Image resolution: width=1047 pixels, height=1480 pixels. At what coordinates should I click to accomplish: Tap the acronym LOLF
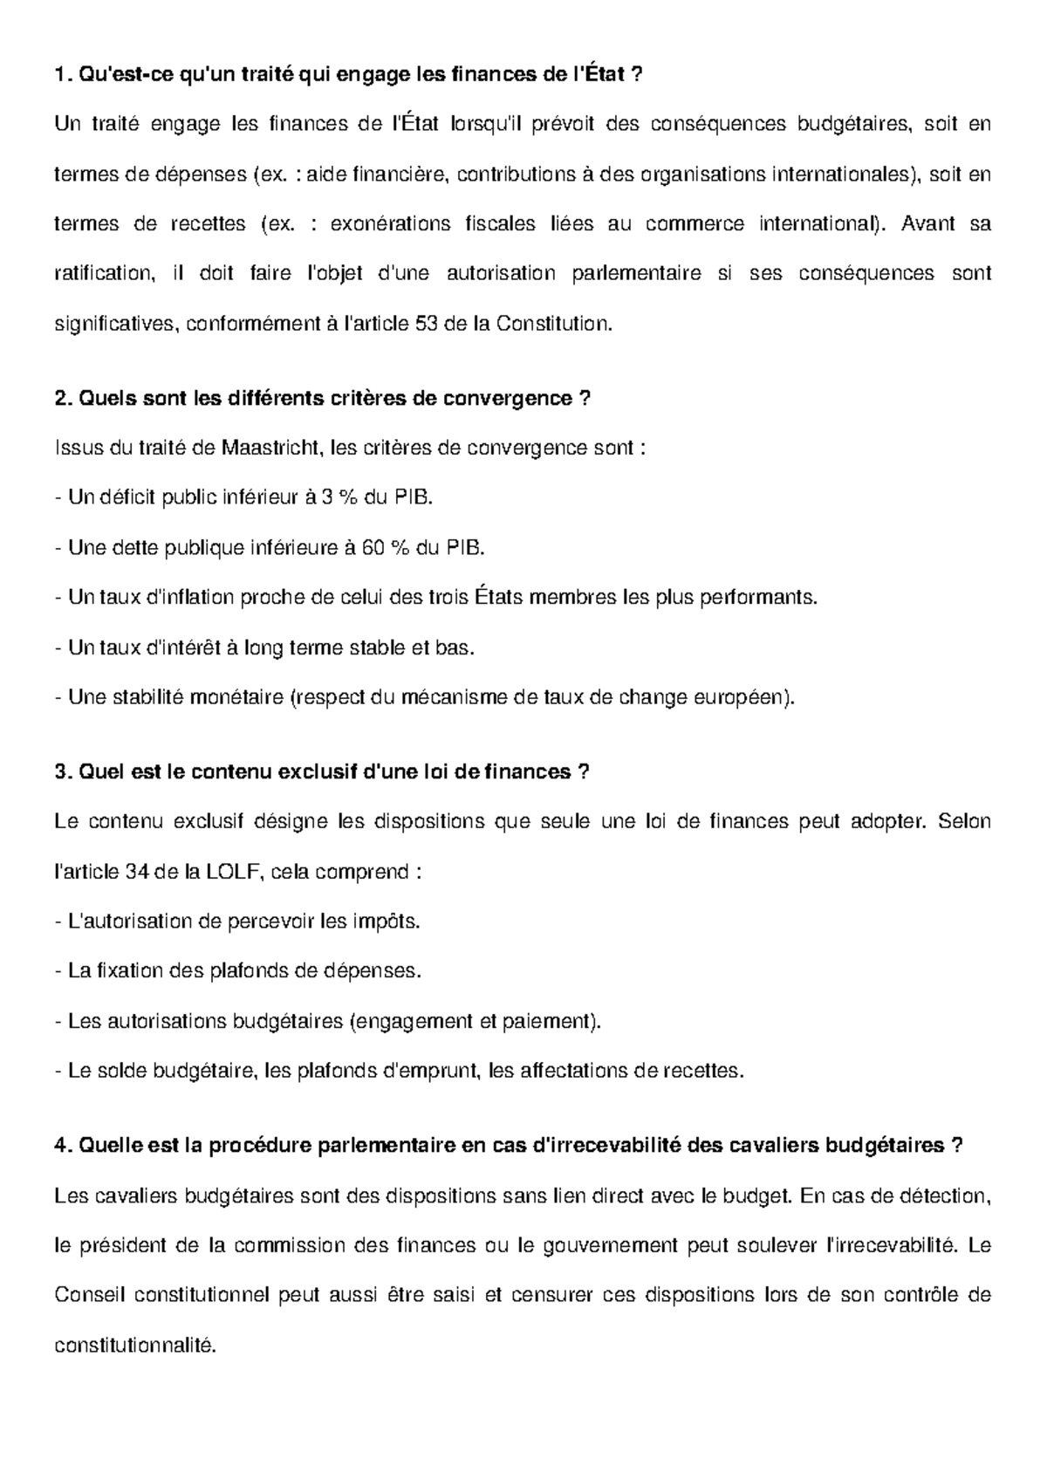234,872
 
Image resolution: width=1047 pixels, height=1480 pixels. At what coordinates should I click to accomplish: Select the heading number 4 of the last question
59,1146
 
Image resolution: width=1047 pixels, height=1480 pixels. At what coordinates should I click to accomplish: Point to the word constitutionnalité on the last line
134,1345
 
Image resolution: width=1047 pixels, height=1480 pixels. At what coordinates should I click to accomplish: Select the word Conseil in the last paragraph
85,1295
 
